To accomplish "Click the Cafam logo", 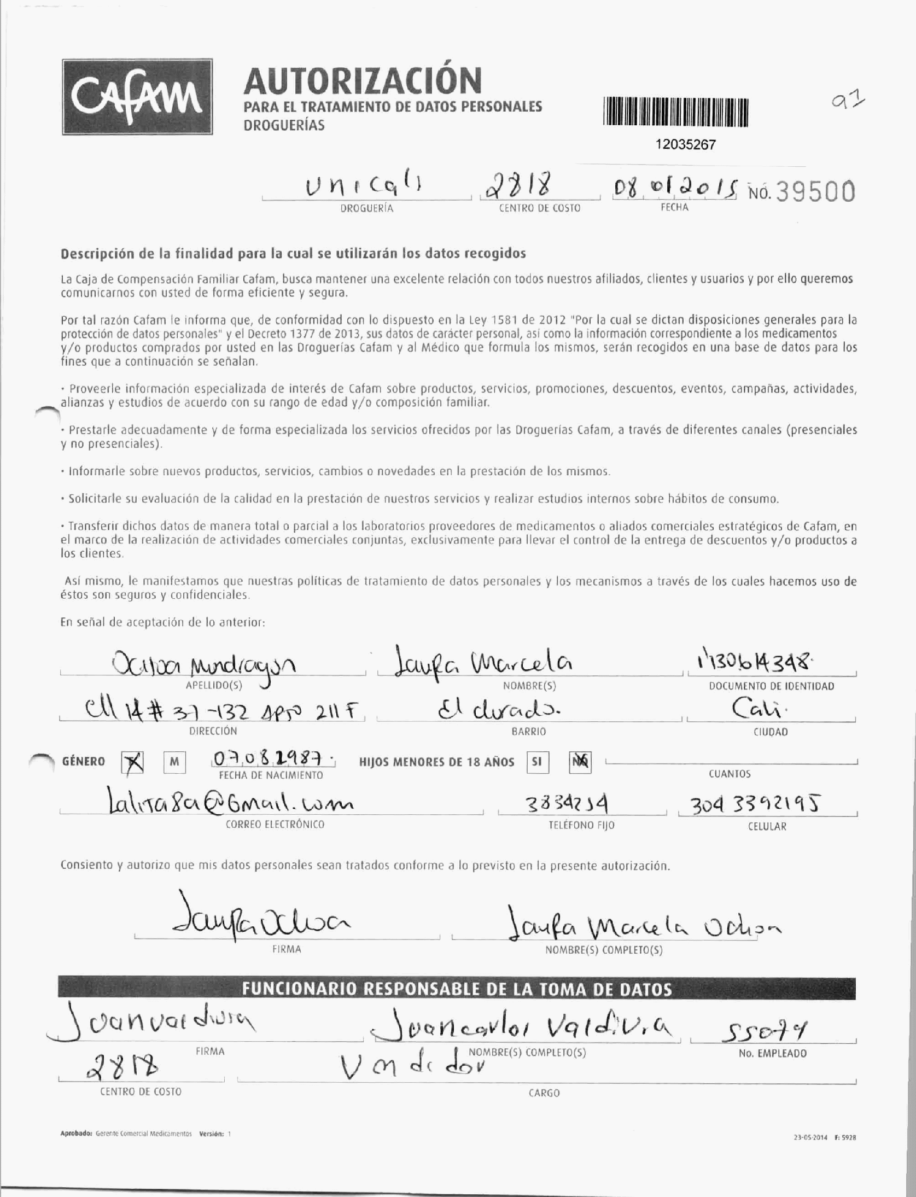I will tap(137, 97).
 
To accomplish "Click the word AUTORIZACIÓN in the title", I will tap(363, 81).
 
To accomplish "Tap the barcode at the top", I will tap(676, 112).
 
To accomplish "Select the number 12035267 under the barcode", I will tap(685, 145).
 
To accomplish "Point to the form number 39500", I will tap(815, 192).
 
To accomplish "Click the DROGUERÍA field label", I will tap(366, 208).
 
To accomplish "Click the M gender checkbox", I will tap(174, 762).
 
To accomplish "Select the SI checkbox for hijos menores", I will tap(536, 761).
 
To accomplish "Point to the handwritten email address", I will tap(230, 804).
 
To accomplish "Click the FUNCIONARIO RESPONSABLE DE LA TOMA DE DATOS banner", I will tap(457, 989).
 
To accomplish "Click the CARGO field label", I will tap(544, 1093).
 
